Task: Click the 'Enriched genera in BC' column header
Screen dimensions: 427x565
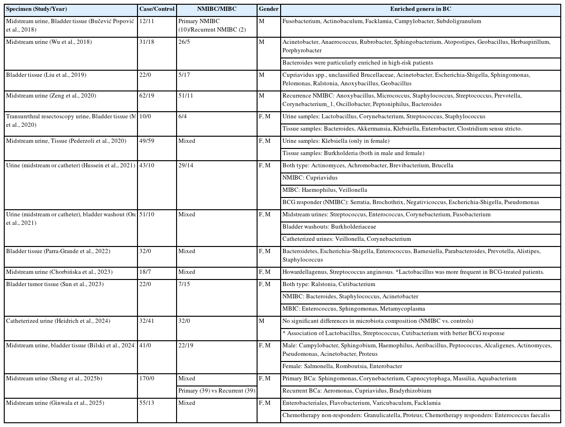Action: [x=420, y=9]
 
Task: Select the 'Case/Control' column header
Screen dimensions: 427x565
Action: [x=157, y=9]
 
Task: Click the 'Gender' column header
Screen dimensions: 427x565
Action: [x=268, y=9]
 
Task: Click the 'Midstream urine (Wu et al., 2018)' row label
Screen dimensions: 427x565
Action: [x=49, y=42]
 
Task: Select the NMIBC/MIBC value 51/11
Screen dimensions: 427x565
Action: [x=186, y=96]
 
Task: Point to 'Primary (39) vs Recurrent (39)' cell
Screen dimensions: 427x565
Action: [x=217, y=391]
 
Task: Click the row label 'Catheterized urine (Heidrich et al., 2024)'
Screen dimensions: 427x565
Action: [x=58, y=321]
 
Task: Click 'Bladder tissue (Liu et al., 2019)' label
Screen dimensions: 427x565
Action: [x=46, y=75]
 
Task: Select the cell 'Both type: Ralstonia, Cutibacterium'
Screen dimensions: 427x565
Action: [x=329, y=284]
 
